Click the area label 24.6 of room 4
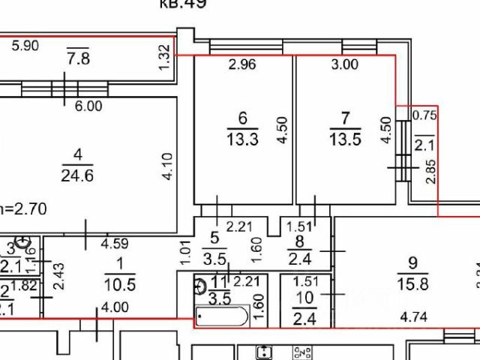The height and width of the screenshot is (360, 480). click(x=78, y=177)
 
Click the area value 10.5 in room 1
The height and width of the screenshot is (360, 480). click(x=119, y=285)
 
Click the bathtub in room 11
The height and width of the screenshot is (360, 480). click(x=222, y=317)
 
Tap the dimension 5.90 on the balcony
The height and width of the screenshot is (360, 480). click(x=28, y=46)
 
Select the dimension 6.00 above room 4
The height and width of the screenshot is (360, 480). click(x=88, y=106)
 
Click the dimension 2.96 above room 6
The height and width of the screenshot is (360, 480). click(x=242, y=65)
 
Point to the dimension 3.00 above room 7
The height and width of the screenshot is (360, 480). click(x=345, y=65)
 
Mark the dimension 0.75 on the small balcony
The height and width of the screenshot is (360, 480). click(x=425, y=115)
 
